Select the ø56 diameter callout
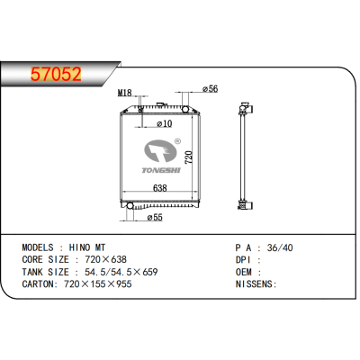coord(210,89)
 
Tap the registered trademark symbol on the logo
coord(177,140)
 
